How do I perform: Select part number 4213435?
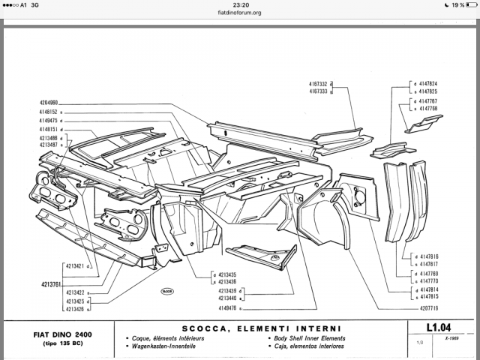click(x=229, y=274)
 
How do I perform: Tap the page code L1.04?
click(x=441, y=328)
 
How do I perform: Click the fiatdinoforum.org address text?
click(x=240, y=13)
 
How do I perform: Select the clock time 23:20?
click(x=240, y=4)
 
